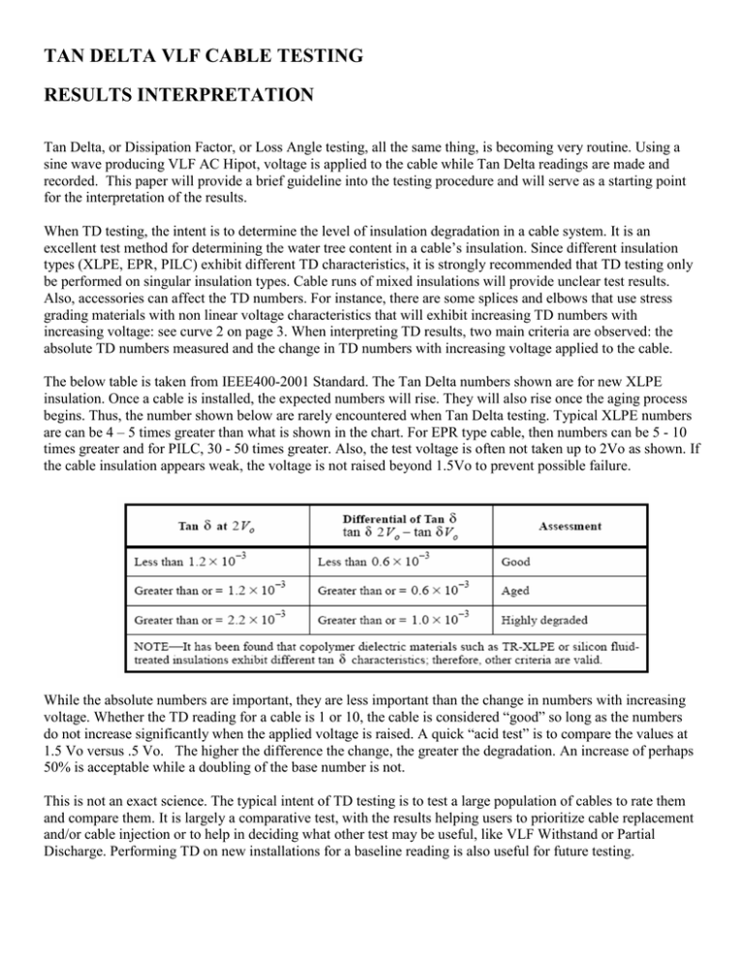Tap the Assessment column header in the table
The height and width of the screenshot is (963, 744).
(x=567, y=526)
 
